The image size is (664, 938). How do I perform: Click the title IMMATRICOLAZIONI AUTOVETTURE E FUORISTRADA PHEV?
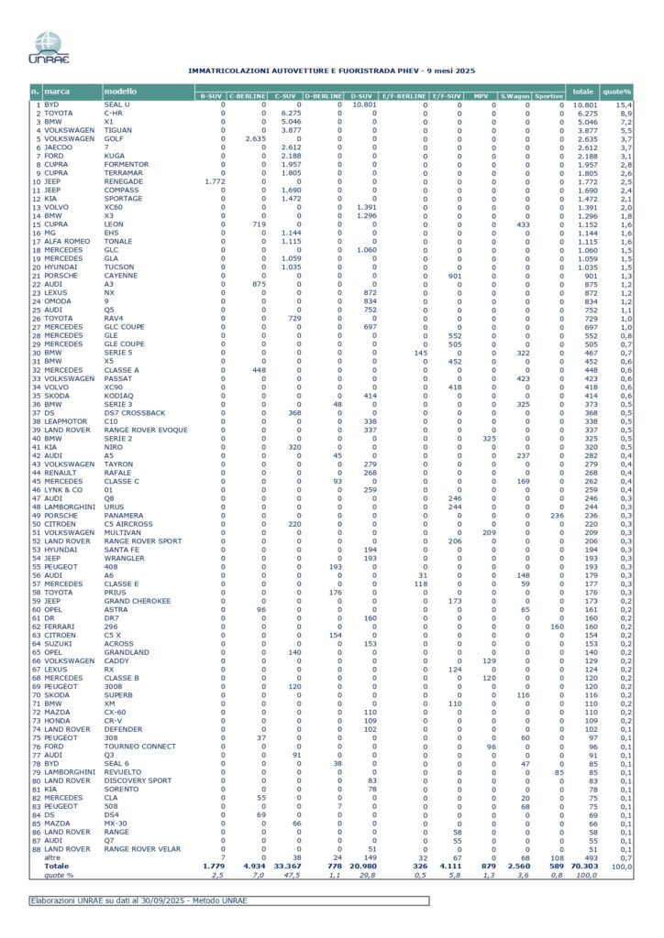point(331,71)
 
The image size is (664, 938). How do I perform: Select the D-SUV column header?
point(361,95)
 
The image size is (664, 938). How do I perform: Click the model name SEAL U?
point(117,105)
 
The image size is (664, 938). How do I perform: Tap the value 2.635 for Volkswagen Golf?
point(255,139)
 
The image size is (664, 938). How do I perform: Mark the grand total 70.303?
point(581,865)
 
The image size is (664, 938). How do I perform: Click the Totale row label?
point(57,865)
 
